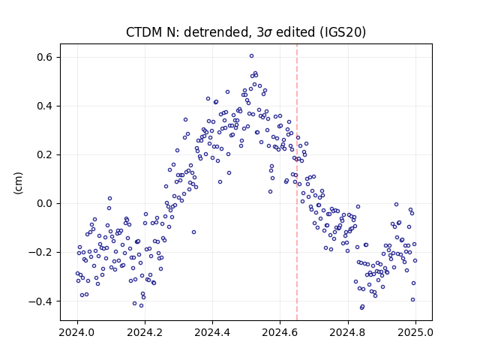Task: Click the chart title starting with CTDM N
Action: pos(246,32)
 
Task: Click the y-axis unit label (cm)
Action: pos(18,183)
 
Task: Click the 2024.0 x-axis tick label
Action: pos(77,332)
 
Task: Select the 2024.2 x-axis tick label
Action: pos(145,332)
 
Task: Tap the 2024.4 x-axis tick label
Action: pos(212,332)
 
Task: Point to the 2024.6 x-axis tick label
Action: pos(280,332)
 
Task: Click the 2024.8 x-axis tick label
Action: pos(348,332)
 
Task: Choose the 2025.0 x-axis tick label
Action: pos(415,332)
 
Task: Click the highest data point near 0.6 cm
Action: pos(251,56)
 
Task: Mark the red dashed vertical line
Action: pos(297,182)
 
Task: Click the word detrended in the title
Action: pos(215,32)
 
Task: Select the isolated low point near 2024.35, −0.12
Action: pos(193,232)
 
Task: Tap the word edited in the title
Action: pos(295,32)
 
